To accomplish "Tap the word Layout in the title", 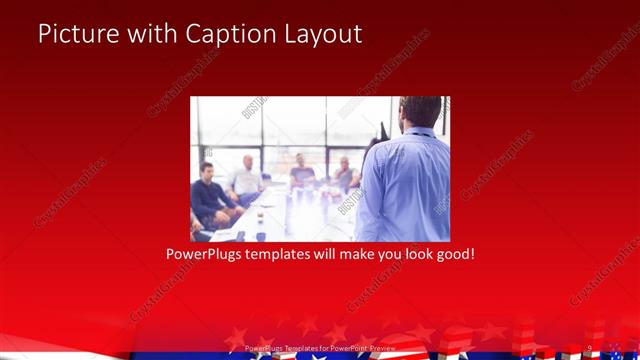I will (321, 33).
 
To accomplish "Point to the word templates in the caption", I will (288, 255).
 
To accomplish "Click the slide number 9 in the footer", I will (589, 348).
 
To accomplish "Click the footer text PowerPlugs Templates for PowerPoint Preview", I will (320, 348).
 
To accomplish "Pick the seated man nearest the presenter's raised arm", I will (345, 175).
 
